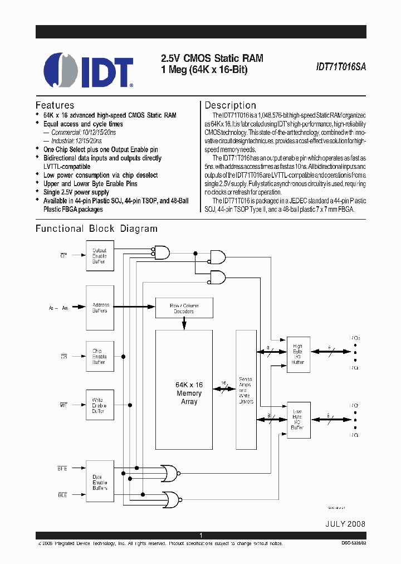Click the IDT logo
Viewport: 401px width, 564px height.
pos(88,71)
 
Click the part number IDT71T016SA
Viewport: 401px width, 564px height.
pos(340,65)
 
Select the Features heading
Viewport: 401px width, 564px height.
pos(55,105)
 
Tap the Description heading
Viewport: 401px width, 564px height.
pos(230,105)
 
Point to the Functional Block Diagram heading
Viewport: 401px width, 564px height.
pos(96,228)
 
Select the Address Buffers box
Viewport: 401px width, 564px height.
pos(100,308)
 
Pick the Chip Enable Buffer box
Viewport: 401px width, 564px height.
pos(100,357)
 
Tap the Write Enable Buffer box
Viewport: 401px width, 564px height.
pos(100,405)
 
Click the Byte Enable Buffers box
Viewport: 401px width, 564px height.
pos(100,482)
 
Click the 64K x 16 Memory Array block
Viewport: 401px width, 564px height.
pos(189,393)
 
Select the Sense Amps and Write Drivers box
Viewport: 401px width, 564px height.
pos(245,390)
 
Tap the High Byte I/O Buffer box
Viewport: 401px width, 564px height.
pos(297,354)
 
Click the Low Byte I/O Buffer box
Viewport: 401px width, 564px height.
pos(297,420)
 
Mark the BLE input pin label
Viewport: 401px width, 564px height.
pos(63,494)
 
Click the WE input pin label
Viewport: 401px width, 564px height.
pos(63,405)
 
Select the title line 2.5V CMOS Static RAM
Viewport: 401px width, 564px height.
pos(212,58)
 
